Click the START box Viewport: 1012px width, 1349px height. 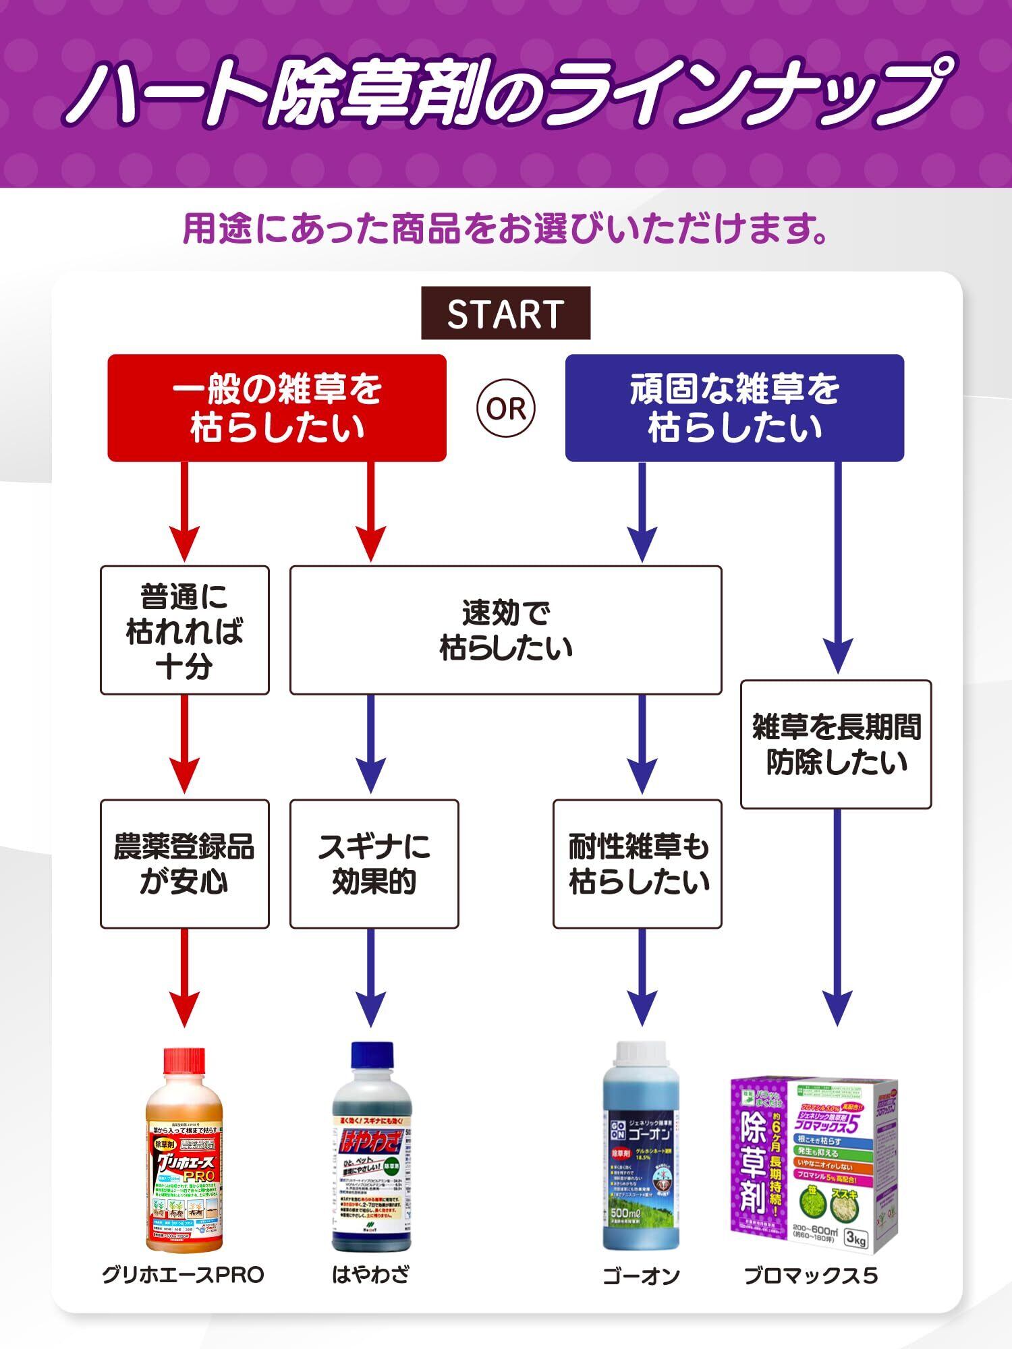[x=505, y=314]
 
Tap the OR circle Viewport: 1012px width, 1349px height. [x=506, y=409]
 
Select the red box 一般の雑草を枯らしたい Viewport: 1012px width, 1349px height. [x=277, y=408]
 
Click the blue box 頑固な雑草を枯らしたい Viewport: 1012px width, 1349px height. [x=734, y=408]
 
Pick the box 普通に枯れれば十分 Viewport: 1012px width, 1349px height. [x=184, y=630]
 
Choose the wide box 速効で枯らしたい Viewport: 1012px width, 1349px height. [x=505, y=630]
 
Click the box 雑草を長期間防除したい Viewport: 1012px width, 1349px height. [x=836, y=744]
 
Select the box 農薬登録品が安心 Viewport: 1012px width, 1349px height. [x=184, y=864]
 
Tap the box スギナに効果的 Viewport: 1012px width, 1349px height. [x=374, y=864]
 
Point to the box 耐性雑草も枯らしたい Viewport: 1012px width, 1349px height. [x=638, y=864]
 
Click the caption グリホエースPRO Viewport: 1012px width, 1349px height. [x=183, y=1275]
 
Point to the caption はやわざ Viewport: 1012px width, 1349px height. [x=370, y=1275]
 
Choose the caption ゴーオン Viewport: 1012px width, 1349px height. [x=640, y=1275]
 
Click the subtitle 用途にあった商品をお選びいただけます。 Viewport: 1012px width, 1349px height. [x=505, y=229]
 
